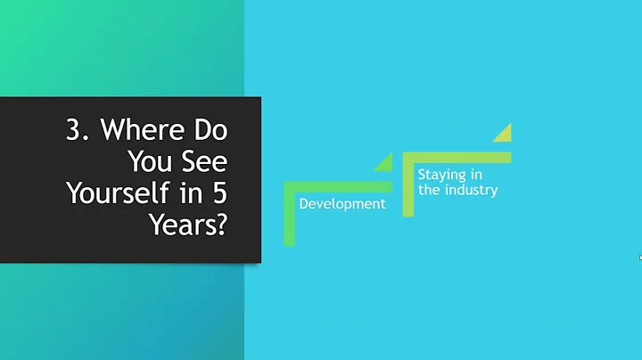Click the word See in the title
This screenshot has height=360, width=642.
203,163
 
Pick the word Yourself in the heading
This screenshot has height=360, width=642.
120,193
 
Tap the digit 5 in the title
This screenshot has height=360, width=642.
219,193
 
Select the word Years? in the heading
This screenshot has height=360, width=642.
187,224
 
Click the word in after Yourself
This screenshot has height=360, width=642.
191,193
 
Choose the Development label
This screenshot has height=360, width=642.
342,204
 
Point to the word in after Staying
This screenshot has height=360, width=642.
476,175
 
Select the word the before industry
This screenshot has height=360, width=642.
428,190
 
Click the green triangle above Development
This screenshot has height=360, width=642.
385,163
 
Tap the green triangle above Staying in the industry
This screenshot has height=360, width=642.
505,134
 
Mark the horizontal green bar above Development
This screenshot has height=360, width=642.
339,186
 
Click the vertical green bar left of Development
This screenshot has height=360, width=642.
289,214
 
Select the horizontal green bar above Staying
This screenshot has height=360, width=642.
457,157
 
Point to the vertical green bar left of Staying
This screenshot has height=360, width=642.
408,184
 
